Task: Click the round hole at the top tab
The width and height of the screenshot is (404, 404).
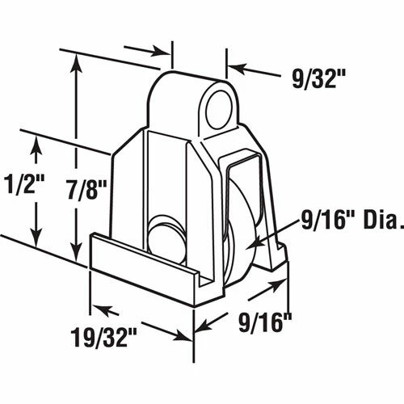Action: [x=220, y=111]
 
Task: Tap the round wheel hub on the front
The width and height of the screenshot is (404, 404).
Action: [x=164, y=235]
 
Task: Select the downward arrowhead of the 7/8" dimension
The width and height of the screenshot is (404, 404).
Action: [x=76, y=248]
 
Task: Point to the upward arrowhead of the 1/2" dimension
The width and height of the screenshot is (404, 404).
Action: [x=36, y=143]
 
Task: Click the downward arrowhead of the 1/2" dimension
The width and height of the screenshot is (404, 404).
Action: [x=36, y=242]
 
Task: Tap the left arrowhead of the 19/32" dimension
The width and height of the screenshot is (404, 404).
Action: [x=92, y=306]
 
